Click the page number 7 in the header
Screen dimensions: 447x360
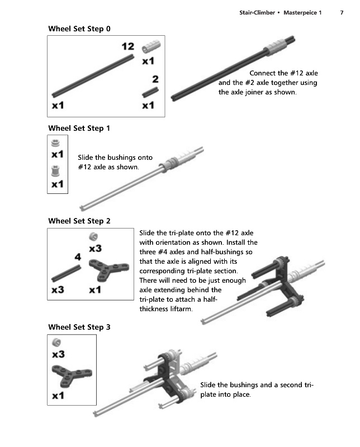coord(342,13)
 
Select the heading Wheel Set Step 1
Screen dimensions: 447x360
coord(79,129)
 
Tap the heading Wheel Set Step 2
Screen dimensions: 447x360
coord(79,221)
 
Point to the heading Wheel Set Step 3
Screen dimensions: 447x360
coord(79,327)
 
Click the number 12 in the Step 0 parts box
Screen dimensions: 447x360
coord(128,46)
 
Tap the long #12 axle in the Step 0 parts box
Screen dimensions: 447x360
coord(93,76)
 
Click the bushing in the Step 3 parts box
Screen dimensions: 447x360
coord(56,343)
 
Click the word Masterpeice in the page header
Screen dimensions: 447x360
coord(301,13)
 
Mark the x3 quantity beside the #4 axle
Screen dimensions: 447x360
coord(58,290)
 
